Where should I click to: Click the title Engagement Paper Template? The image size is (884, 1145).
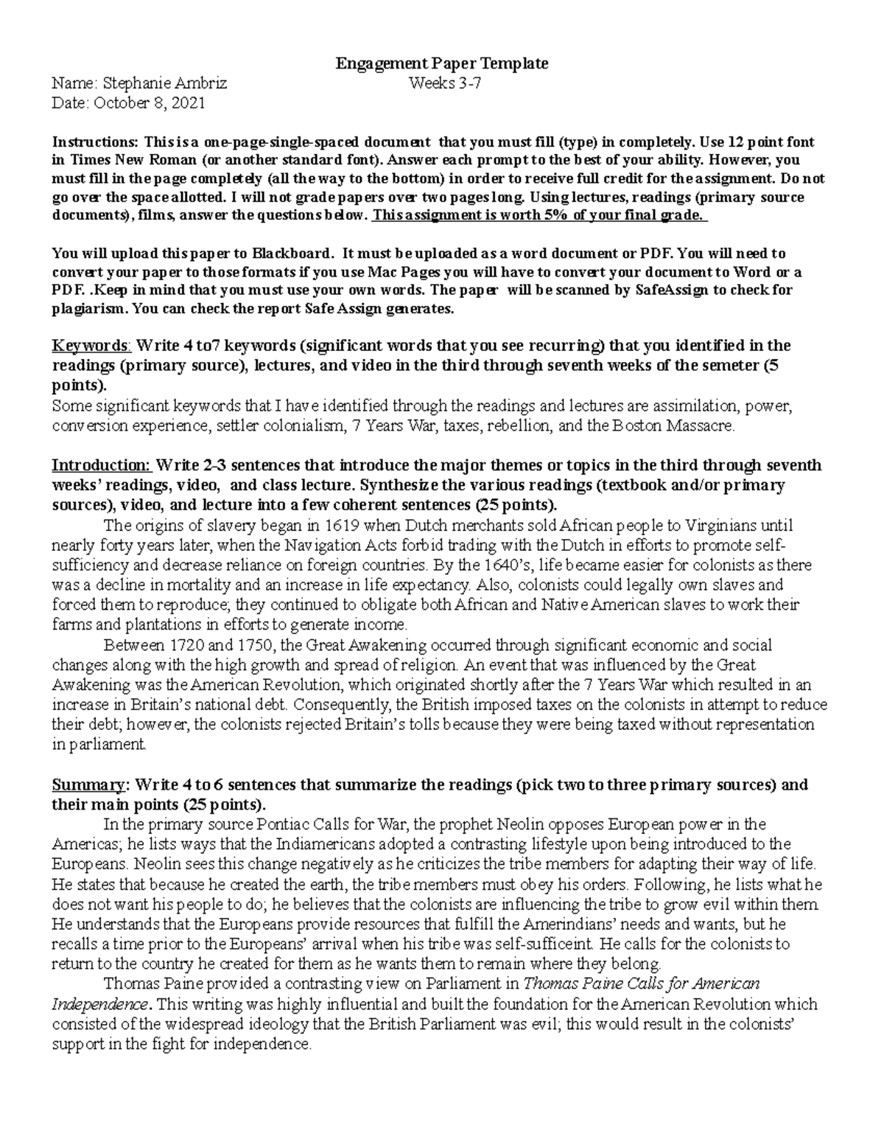[x=442, y=63]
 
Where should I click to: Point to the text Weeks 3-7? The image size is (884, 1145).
[x=446, y=83]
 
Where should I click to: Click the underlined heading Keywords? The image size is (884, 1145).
[x=90, y=346]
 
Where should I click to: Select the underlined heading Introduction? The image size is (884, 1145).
[x=100, y=466]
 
